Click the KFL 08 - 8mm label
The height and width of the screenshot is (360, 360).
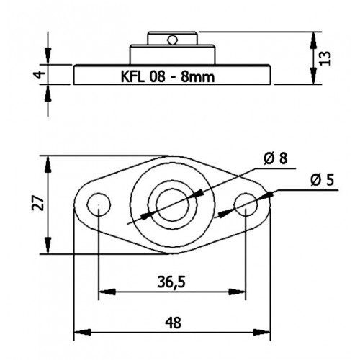click(x=168, y=77)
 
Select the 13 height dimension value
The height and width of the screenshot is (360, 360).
click(x=325, y=58)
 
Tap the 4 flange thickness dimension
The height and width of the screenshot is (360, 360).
click(x=40, y=75)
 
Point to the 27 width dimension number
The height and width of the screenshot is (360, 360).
click(x=38, y=203)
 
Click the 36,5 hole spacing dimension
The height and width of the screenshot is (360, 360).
click(x=171, y=282)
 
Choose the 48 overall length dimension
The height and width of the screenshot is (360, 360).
click(x=173, y=323)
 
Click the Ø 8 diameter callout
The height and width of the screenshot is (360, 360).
click(x=275, y=158)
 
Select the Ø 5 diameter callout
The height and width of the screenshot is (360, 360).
click(x=322, y=180)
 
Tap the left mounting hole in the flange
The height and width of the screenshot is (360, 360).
click(x=99, y=204)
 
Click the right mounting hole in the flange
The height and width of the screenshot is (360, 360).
click(x=246, y=205)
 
